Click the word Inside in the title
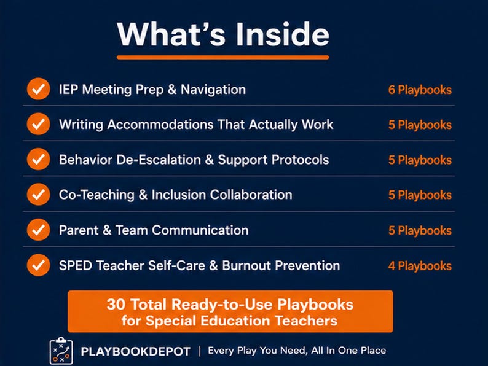click(282, 34)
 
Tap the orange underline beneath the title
click(223, 57)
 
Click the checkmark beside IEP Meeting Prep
click(38, 89)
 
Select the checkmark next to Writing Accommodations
click(38, 124)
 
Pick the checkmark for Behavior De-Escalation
click(38, 159)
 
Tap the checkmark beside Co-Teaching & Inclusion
click(38, 195)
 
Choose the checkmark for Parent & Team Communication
click(38, 230)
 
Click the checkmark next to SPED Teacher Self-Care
click(38, 265)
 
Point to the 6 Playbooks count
click(420, 90)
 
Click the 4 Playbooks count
click(420, 266)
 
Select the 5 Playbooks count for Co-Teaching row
click(420, 195)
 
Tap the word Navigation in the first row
click(213, 90)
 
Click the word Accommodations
click(160, 125)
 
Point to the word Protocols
click(300, 160)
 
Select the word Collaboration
click(251, 195)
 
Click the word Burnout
click(246, 265)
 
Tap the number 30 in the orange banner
click(116, 304)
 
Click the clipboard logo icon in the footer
click(61, 351)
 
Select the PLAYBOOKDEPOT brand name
click(135, 352)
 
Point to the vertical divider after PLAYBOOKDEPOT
click(200, 351)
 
